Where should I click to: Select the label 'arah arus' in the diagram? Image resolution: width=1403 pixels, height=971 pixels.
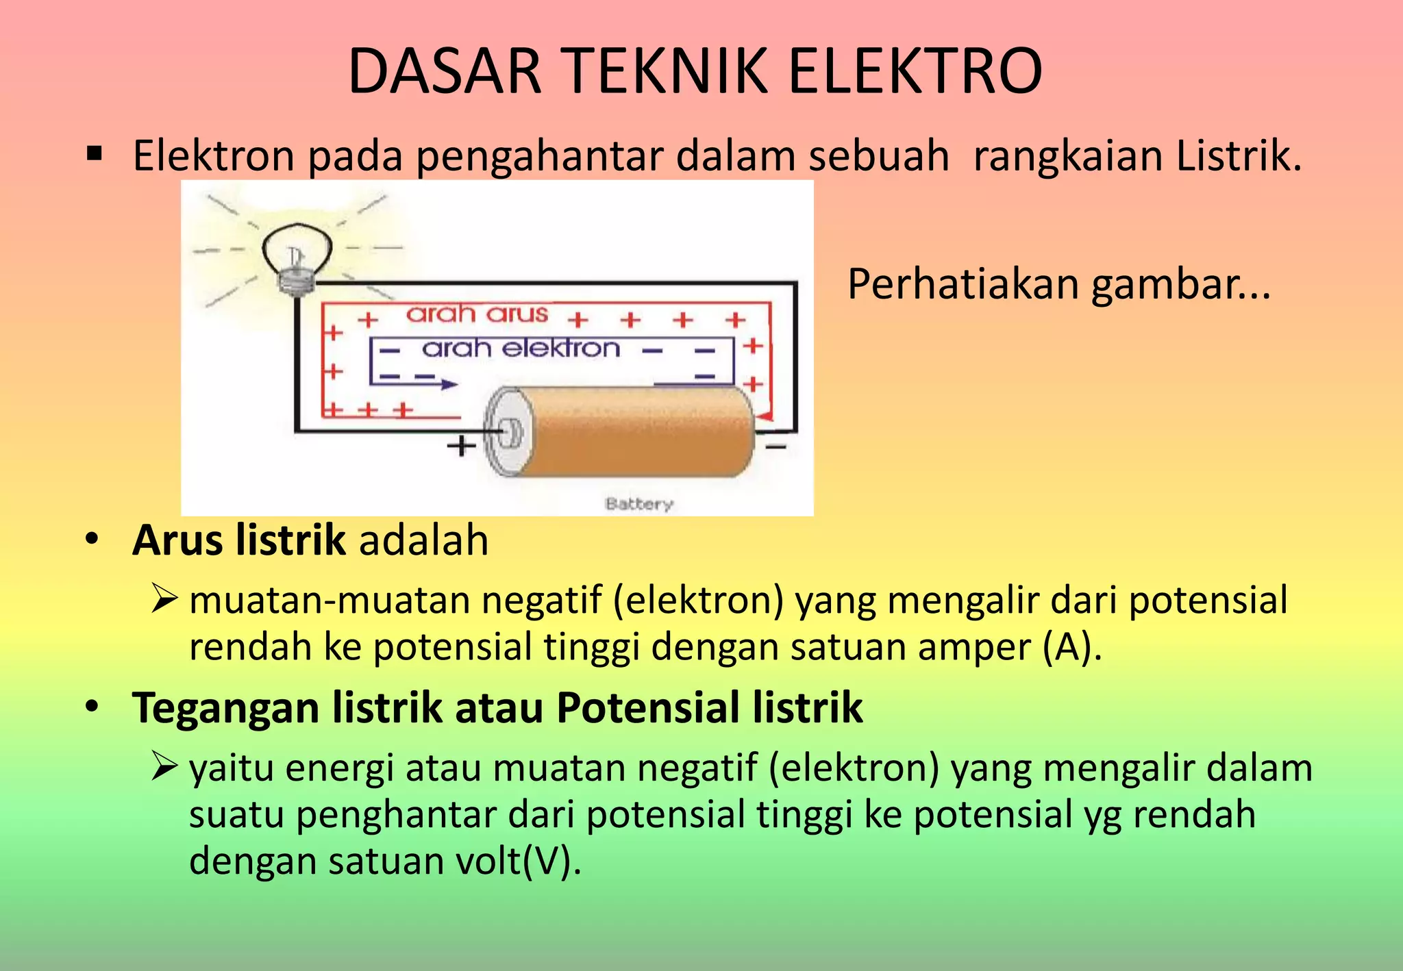(x=477, y=314)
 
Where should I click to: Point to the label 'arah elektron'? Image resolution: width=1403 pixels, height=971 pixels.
(x=521, y=349)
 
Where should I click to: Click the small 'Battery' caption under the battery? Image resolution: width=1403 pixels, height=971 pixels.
(x=639, y=504)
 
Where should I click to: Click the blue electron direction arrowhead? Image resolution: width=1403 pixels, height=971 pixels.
(x=449, y=385)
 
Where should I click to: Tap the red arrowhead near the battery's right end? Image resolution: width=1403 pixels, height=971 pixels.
(x=765, y=416)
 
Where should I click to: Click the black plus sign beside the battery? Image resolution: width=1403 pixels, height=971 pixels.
(x=461, y=446)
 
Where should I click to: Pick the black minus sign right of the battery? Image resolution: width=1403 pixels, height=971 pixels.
(x=775, y=447)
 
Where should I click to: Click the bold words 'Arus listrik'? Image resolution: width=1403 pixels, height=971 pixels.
(x=238, y=540)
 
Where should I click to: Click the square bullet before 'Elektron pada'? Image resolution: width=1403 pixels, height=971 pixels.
(x=95, y=154)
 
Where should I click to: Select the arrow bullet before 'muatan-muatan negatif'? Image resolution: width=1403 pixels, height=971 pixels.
(x=164, y=599)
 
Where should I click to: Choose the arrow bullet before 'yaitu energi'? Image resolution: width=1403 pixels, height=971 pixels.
(x=164, y=767)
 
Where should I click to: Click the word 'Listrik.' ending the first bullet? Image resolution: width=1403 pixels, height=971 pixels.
(x=1239, y=155)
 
